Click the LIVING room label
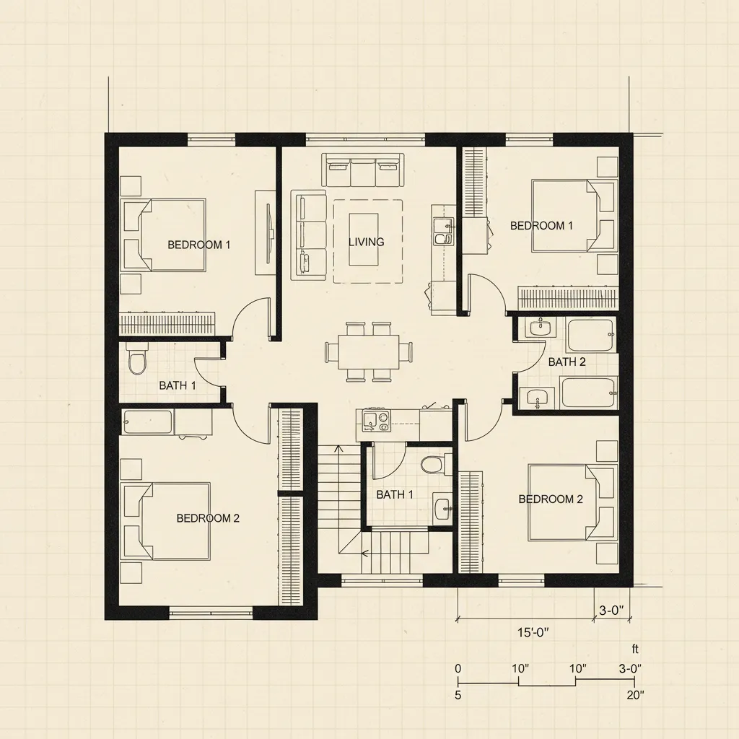[366, 242]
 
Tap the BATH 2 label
[567, 362]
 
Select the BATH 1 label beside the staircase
[395, 494]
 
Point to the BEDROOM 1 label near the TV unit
[198, 245]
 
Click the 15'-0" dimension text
[533, 633]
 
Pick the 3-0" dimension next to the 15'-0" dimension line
[611, 611]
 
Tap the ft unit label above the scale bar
[635, 650]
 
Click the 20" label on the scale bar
[635, 695]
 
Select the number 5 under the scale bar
[458, 695]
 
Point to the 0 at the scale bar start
[458, 668]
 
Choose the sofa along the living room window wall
[362, 170]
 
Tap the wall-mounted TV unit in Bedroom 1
[266, 232]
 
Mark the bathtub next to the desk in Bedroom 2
[147, 421]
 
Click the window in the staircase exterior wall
[381, 580]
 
